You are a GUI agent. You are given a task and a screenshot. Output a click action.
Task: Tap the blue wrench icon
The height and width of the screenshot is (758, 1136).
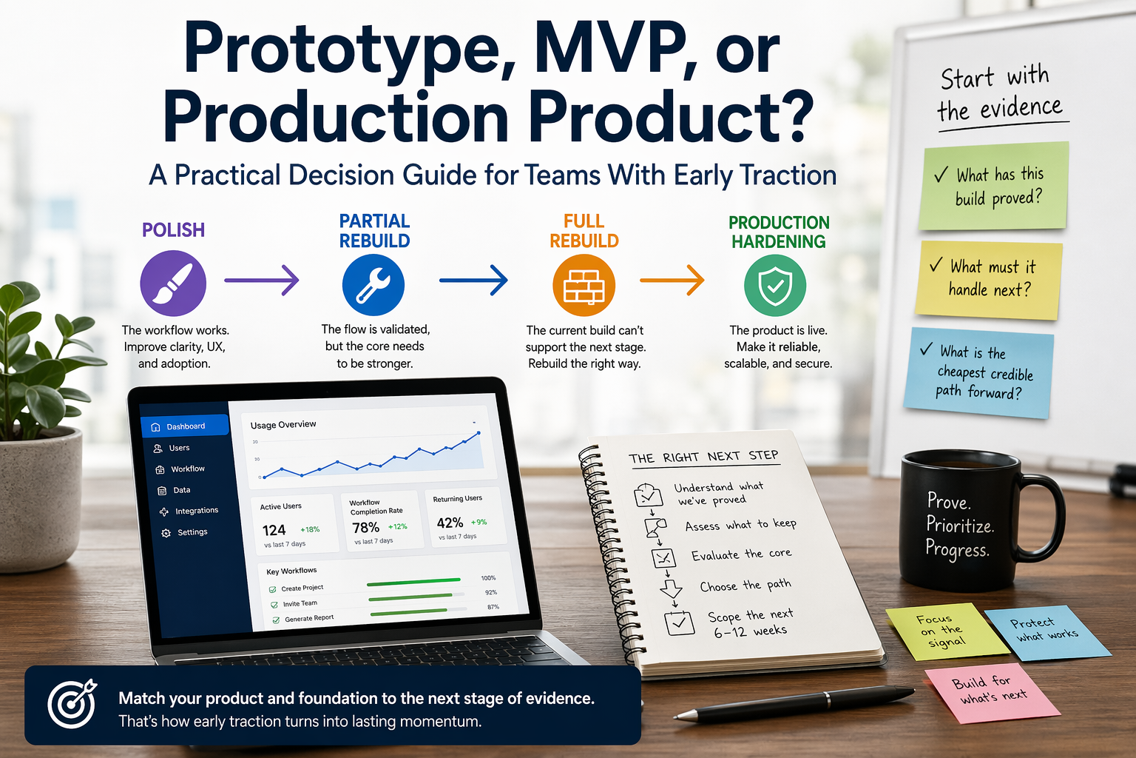(373, 285)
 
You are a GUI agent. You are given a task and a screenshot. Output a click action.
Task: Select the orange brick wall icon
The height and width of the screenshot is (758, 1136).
(584, 285)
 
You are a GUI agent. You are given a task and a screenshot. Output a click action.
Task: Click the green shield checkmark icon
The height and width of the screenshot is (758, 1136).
(774, 286)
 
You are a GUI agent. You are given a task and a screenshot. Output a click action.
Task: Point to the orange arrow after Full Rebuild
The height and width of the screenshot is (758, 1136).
(672, 281)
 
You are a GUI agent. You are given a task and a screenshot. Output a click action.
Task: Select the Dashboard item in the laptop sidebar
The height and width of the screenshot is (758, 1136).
(185, 426)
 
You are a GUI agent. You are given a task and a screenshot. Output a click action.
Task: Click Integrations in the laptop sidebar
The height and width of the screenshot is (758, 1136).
(196, 511)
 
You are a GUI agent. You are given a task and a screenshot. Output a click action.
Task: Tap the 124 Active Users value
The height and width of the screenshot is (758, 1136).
(274, 530)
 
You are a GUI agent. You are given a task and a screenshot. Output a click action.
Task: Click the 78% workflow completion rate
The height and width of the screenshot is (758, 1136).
(365, 528)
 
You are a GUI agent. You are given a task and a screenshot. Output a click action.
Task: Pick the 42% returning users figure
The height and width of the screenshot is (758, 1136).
(450, 523)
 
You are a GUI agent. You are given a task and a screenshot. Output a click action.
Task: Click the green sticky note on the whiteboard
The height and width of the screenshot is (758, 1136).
(993, 186)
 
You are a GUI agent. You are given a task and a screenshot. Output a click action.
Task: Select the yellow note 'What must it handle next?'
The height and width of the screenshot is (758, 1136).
(988, 279)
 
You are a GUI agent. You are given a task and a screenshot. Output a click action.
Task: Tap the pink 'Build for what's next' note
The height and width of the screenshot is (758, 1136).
(991, 690)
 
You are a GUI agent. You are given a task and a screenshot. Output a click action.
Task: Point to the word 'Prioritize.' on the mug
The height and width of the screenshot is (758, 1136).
(960, 526)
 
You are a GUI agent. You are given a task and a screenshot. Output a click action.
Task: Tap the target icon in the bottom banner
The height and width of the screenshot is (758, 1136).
(72, 704)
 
